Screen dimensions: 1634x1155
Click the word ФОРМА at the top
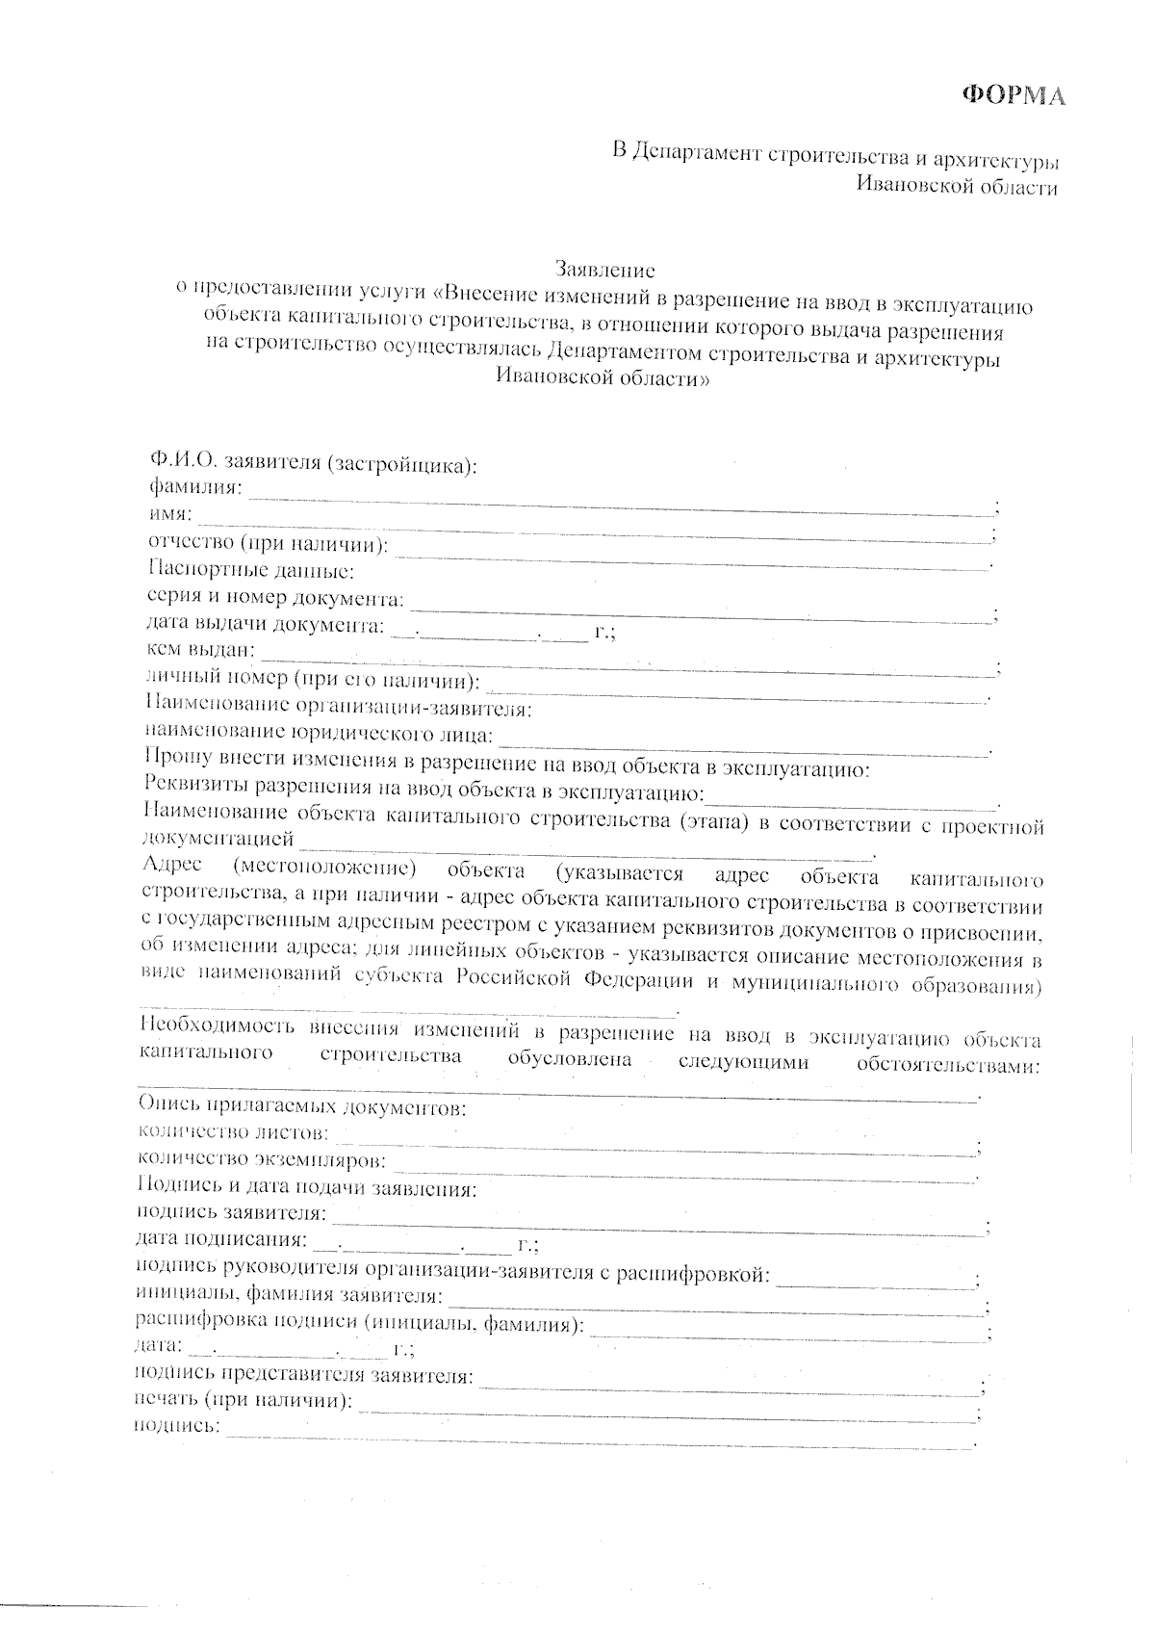(x=1014, y=96)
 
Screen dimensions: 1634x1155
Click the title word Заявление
(x=605, y=269)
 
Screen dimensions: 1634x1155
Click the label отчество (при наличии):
(x=268, y=545)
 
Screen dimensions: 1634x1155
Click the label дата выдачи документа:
(x=265, y=625)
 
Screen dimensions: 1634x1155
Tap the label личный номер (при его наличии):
(x=313, y=681)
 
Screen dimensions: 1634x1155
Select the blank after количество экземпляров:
(x=683, y=1167)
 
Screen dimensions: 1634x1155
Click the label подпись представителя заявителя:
(x=304, y=1375)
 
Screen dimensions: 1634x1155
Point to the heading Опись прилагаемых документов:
(x=302, y=1106)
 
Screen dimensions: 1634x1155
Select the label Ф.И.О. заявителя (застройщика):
(x=313, y=465)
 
